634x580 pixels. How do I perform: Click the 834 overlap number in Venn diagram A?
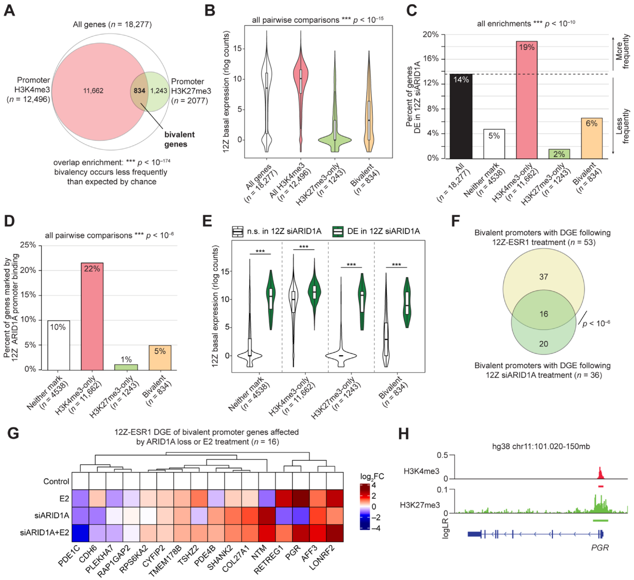pos(139,91)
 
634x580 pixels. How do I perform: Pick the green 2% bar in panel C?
pos(559,154)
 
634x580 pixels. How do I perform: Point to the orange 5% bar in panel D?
pos(160,357)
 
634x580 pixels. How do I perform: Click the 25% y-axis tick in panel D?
pos(28,245)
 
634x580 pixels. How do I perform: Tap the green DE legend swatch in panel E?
pos(338,232)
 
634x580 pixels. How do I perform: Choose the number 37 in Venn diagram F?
pos(544,277)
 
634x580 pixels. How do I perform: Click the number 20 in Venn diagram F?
pos(544,344)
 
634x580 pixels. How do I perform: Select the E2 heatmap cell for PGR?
pos(301,498)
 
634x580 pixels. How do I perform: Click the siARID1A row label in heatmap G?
pos(52,516)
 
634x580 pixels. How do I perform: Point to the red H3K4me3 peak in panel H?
pos(600,473)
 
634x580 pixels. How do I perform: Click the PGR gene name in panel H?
pos(600,548)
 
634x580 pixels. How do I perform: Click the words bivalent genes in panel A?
pos(179,139)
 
